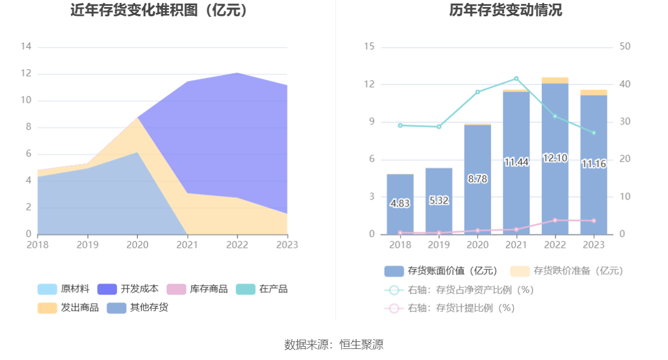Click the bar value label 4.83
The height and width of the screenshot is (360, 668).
point(400,204)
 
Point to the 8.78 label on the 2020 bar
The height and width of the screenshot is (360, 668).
point(478,179)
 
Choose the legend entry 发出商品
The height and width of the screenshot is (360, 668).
point(68,308)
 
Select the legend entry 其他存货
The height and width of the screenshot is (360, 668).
point(137,308)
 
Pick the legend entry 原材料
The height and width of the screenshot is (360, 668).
point(63,289)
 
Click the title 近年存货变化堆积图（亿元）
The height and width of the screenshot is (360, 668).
point(159,10)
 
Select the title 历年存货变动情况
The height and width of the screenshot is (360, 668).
point(505,10)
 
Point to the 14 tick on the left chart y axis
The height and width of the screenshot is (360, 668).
point(26,47)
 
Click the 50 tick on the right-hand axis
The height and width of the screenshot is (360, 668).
point(626,47)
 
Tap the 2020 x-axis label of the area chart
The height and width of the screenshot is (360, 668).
point(137,245)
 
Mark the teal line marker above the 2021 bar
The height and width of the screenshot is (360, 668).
point(516,79)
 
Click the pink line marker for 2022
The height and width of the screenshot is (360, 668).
point(555,220)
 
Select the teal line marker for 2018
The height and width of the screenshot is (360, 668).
point(400,125)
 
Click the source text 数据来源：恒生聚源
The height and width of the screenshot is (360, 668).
point(333,344)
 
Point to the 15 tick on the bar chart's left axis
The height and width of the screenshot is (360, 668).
point(369,47)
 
